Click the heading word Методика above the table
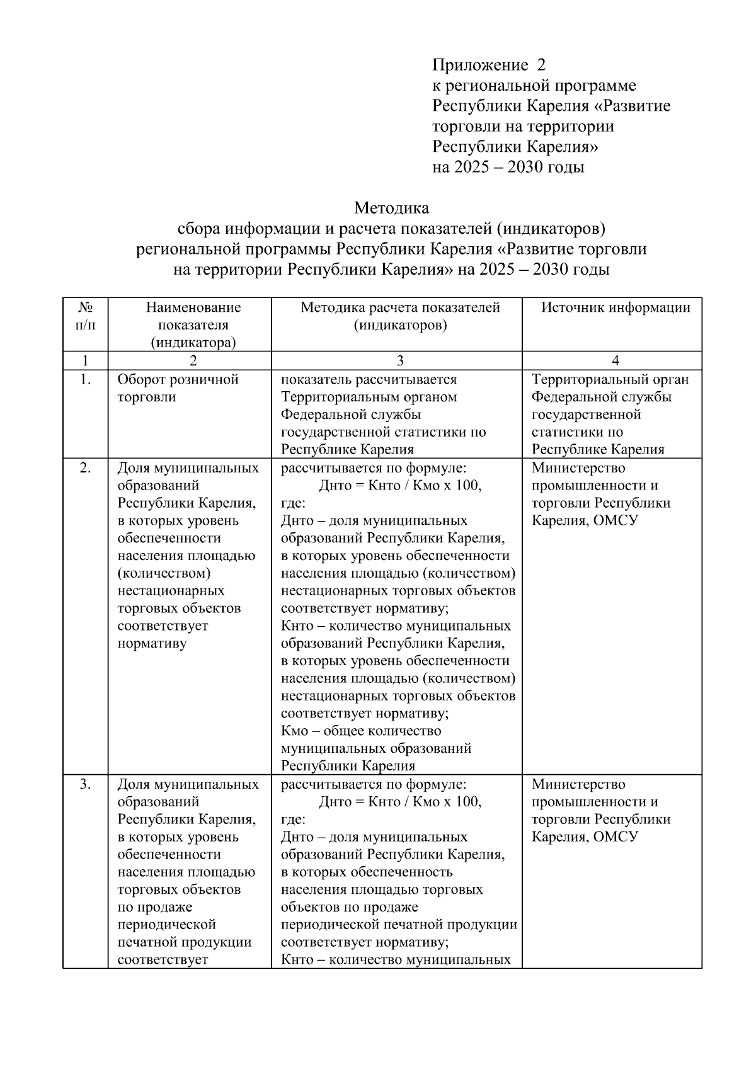click(391, 207)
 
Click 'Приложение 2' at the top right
click(489, 65)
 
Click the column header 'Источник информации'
click(616, 307)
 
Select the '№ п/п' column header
click(86, 316)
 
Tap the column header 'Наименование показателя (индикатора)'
click(193, 325)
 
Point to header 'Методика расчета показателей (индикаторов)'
click(400, 316)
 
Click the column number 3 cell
click(400, 360)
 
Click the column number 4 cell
click(616, 360)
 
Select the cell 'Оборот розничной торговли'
click(178, 388)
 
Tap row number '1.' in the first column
click(86, 379)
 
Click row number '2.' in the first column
click(86, 467)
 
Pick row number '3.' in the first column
click(86, 784)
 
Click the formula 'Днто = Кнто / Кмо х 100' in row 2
click(400, 486)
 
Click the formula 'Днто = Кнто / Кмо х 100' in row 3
click(400, 802)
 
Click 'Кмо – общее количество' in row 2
click(361, 731)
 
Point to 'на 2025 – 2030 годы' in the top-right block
click(508, 168)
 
